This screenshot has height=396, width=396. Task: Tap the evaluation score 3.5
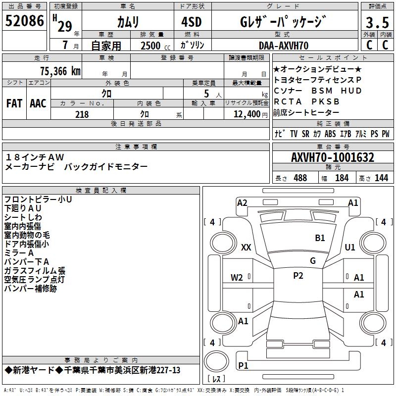point(376,23)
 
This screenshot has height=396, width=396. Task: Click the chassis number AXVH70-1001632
point(333,157)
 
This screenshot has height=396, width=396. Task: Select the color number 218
point(82,114)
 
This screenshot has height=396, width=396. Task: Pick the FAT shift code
point(14,103)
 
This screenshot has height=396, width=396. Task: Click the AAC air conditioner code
point(38,103)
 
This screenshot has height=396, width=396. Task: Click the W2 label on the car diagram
point(237,277)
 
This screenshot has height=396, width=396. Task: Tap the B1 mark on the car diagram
point(320,238)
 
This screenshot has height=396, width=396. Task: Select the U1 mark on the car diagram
point(350,247)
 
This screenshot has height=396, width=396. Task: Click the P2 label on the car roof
point(298,276)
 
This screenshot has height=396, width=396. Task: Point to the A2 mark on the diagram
point(242,202)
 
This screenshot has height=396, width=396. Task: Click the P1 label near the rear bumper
point(243,365)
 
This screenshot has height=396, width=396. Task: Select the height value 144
point(381,178)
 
